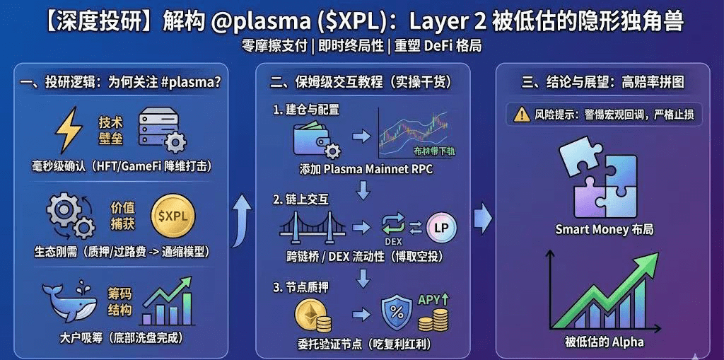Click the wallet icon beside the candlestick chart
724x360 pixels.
point(316,139)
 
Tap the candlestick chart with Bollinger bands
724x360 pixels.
point(414,132)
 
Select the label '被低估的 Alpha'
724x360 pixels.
point(605,342)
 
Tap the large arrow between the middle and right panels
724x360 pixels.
point(482,218)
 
